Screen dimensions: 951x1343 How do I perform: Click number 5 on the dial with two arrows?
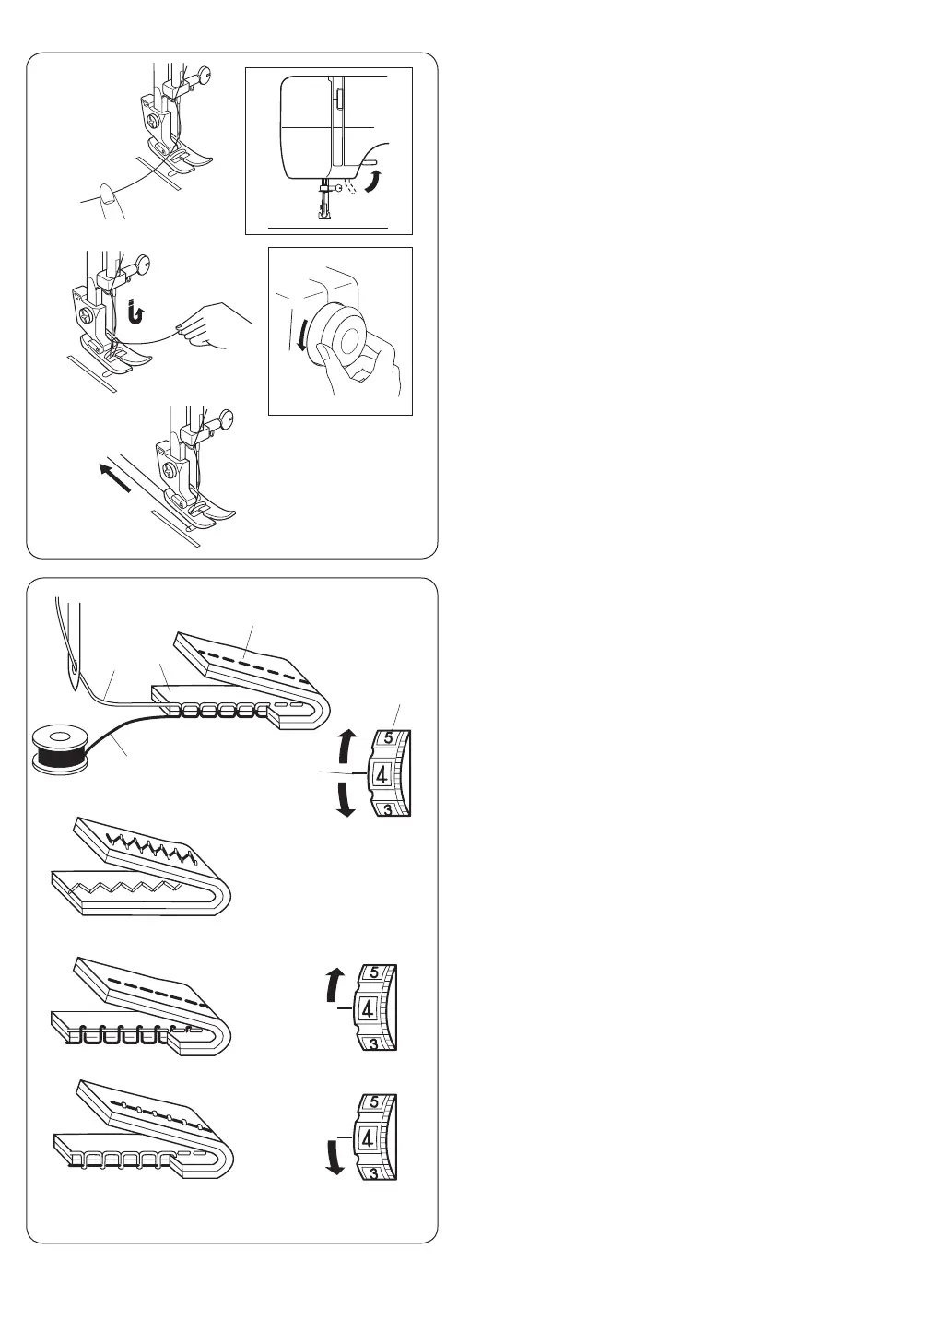388,738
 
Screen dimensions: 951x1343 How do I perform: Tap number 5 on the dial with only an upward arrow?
373,972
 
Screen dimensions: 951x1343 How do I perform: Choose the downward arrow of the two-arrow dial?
345,798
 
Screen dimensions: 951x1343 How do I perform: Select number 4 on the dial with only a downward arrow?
368,1137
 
